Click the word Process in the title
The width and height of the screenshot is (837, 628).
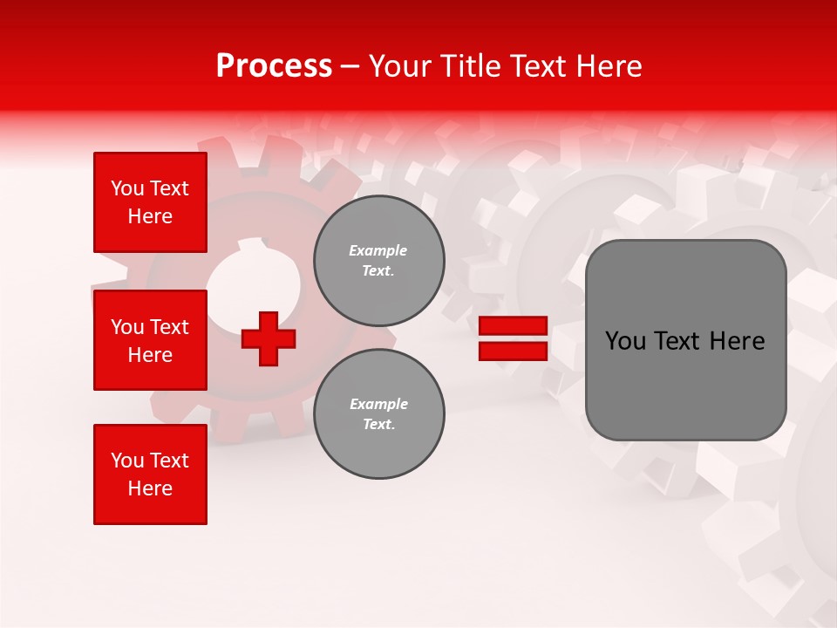click(x=274, y=66)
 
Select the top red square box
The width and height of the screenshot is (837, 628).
click(x=150, y=202)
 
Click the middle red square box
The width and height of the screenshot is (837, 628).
click(x=150, y=340)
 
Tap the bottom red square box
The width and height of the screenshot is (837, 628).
click(x=150, y=474)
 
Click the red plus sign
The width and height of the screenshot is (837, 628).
click(x=269, y=338)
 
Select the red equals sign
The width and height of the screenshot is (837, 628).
click(x=513, y=338)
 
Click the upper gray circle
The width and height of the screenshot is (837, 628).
click(x=378, y=261)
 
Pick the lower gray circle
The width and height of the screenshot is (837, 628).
click(x=378, y=414)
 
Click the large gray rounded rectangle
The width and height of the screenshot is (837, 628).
click(x=685, y=340)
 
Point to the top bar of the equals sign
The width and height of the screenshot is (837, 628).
click(x=513, y=326)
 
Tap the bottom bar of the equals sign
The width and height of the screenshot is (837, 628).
click(x=513, y=351)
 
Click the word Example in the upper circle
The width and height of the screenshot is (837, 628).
click(x=378, y=250)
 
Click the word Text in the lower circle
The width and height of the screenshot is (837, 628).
click(x=378, y=425)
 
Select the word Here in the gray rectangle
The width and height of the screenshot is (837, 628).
click(x=738, y=341)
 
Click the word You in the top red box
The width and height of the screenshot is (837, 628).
click(x=127, y=188)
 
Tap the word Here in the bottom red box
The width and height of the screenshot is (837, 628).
click(x=150, y=488)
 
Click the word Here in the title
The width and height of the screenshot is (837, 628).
click(x=609, y=66)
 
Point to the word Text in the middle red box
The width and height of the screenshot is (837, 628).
click(x=168, y=327)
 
